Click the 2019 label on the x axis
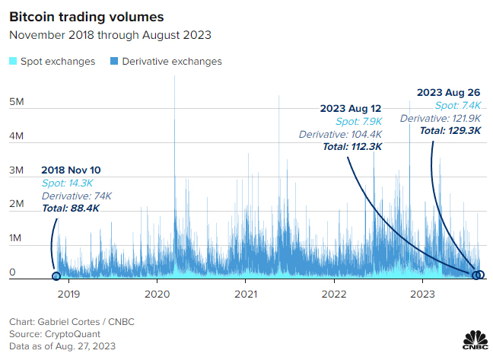tap(68, 292)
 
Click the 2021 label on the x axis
tap(246, 292)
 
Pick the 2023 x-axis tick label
tap(423, 292)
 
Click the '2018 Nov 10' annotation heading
tap(72, 170)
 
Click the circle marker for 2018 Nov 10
tap(56, 276)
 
